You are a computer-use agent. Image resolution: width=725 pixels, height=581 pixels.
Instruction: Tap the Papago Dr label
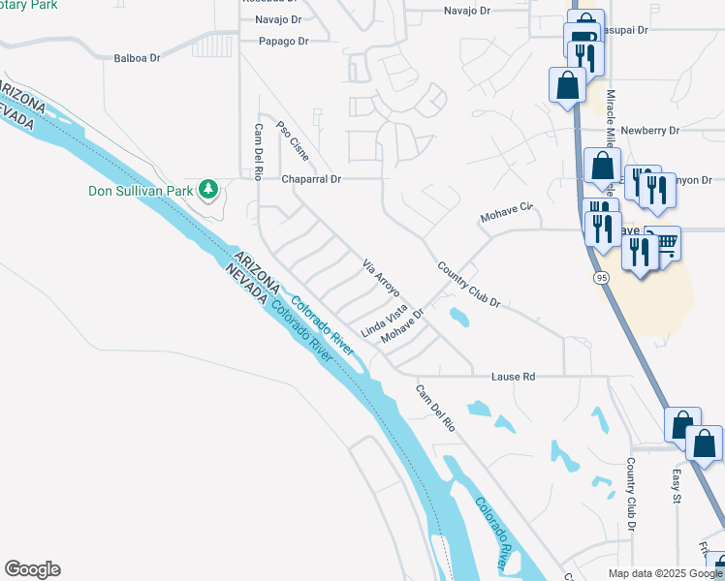point(283,42)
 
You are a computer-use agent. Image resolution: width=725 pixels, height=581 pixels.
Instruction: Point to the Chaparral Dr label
point(311,179)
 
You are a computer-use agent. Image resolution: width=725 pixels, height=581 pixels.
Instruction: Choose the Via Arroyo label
point(381,278)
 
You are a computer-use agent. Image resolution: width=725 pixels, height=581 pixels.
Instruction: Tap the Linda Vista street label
point(384,320)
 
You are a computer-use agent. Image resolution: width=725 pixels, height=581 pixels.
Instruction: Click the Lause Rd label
point(513,376)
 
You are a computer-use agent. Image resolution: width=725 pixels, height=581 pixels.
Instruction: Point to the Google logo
point(32,569)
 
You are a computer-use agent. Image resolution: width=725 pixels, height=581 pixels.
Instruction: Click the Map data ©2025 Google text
point(664,573)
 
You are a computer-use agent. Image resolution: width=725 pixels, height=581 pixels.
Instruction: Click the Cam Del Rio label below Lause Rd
point(435,408)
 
